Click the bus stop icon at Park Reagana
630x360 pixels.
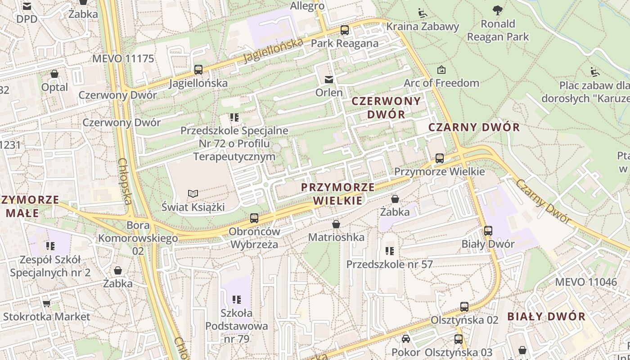pyautogui.click(x=345, y=30)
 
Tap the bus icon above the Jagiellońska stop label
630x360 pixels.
pyautogui.click(x=198, y=70)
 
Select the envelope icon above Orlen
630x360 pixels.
pyautogui.click(x=329, y=79)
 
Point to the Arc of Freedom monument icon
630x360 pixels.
pyautogui.click(x=441, y=70)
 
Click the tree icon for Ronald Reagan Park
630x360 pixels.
pyautogui.click(x=498, y=10)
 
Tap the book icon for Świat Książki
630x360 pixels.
pyautogui.click(x=193, y=193)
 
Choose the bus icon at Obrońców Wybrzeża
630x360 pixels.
pyautogui.click(x=254, y=218)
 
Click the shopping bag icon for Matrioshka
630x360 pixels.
pyautogui.click(x=336, y=224)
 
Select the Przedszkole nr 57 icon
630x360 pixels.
pyautogui.click(x=390, y=251)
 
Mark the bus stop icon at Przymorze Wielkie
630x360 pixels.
pyautogui.click(x=440, y=158)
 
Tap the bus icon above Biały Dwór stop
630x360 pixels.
pyautogui.click(x=488, y=231)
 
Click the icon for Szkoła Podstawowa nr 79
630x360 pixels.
pyautogui.click(x=237, y=299)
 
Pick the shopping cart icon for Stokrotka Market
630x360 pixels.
pyautogui.click(x=46, y=303)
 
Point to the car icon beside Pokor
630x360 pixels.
pyautogui.click(x=406, y=339)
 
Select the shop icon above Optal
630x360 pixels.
pyautogui.click(x=54, y=74)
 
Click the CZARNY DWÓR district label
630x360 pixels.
pyautogui.click(x=474, y=127)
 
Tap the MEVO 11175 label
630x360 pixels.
pyautogui.click(x=123, y=58)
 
